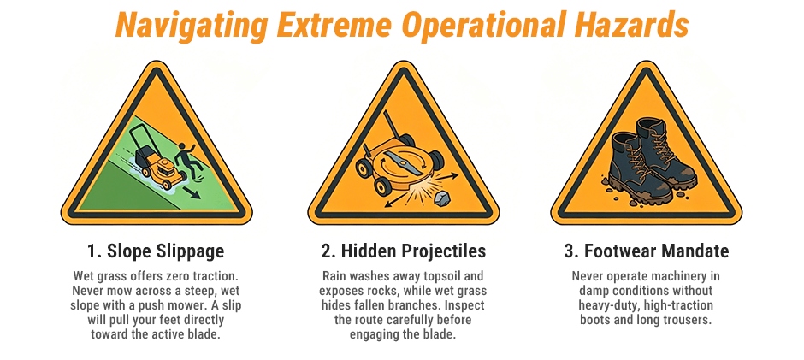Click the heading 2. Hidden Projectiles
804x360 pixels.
click(402, 251)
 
